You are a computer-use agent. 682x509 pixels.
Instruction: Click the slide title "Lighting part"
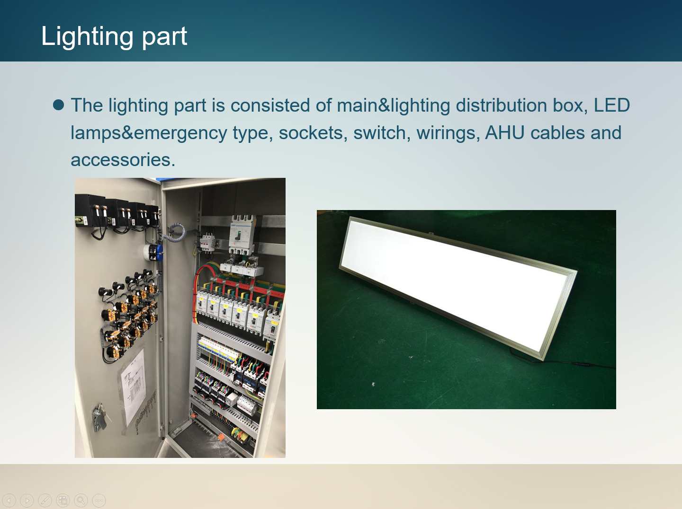[x=114, y=37]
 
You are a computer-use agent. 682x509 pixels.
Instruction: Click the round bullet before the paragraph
[x=58, y=105]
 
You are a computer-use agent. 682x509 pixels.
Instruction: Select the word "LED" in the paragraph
[x=612, y=105]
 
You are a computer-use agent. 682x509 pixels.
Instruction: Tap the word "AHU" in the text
[x=504, y=132]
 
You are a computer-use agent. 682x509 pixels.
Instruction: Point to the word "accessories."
[x=123, y=160]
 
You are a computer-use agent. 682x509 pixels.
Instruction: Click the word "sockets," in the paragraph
[x=313, y=133]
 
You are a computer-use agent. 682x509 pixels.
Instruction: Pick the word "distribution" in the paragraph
[x=501, y=105]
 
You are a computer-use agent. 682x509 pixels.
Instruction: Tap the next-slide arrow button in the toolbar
[x=27, y=500]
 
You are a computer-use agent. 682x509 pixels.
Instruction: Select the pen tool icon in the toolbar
[x=45, y=500]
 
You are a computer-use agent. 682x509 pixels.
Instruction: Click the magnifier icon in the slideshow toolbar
[x=81, y=500]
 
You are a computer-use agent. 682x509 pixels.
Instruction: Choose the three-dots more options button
[x=99, y=500]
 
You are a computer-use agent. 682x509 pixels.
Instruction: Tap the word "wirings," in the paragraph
[x=449, y=133]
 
